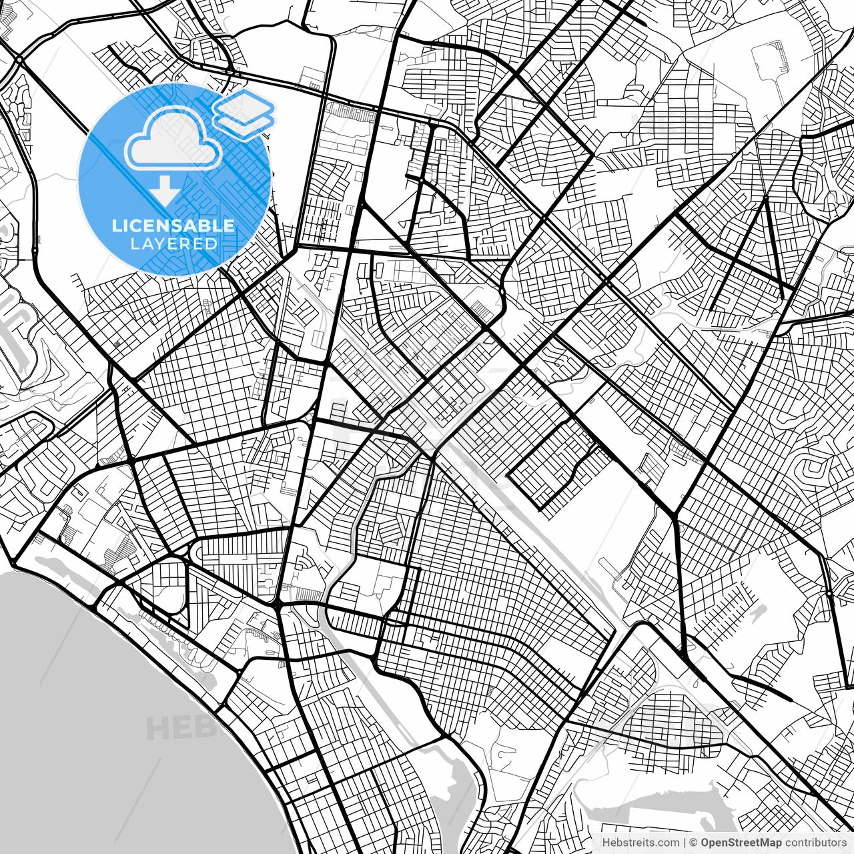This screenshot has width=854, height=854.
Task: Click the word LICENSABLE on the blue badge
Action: pos(173,226)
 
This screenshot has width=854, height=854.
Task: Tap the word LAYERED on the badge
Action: pos(173,244)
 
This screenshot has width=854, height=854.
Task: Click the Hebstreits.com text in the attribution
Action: pos(641,843)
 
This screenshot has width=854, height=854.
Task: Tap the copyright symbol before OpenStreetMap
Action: pos(693,843)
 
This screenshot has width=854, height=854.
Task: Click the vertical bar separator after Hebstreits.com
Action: pos(685,843)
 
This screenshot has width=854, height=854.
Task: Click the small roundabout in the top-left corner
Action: pos(20,60)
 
